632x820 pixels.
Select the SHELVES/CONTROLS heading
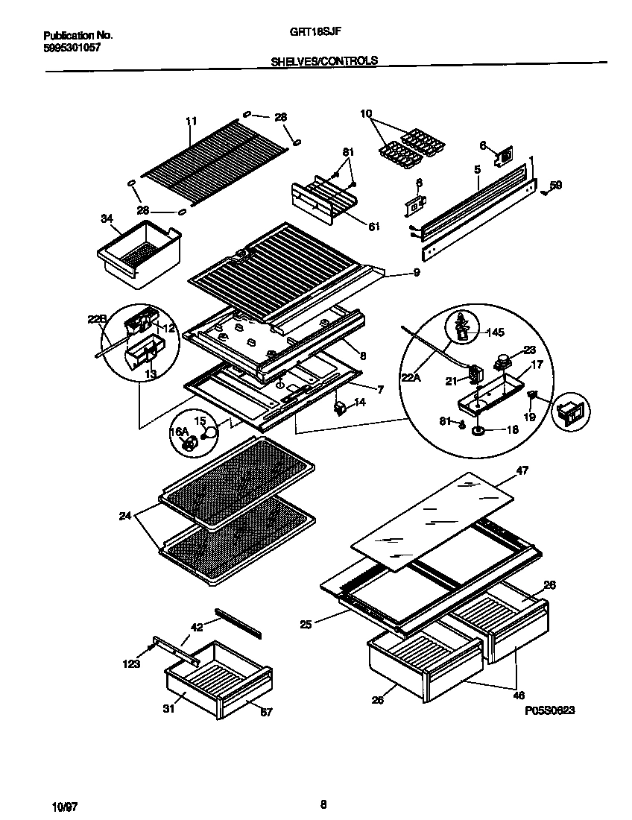coord(324,61)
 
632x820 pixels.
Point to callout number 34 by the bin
coord(107,218)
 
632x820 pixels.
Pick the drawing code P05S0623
coord(549,711)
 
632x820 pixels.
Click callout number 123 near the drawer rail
coord(131,663)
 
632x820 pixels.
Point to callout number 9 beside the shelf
coord(417,273)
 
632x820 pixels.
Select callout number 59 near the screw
coord(556,185)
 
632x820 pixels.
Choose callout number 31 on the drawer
coord(168,709)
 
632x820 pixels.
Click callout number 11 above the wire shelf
coord(191,120)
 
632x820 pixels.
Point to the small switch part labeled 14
coord(341,406)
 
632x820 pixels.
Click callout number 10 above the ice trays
coord(366,114)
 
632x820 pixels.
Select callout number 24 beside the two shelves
coord(124,515)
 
